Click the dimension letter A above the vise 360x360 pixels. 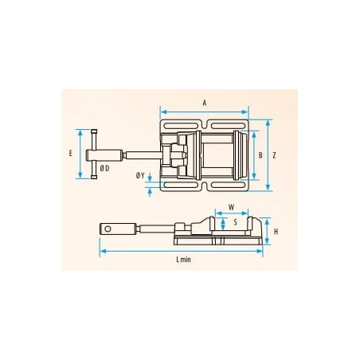pyautogui.click(x=205, y=103)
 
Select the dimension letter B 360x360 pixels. pyautogui.click(x=260, y=155)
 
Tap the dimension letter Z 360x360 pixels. pyautogui.click(x=275, y=155)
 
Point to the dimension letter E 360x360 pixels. pyautogui.click(x=71, y=153)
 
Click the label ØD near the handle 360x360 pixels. pyautogui.click(x=104, y=168)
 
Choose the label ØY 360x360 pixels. pyautogui.click(x=140, y=175)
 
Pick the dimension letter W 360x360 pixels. pyautogui.click(x=232, y=207)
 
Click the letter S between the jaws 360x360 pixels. pyautogui.click(x=236, y=222)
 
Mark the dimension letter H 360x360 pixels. pyautogui.click(x=276, y=232)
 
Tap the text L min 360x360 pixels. pyautogui.click(x=183, y=260)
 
